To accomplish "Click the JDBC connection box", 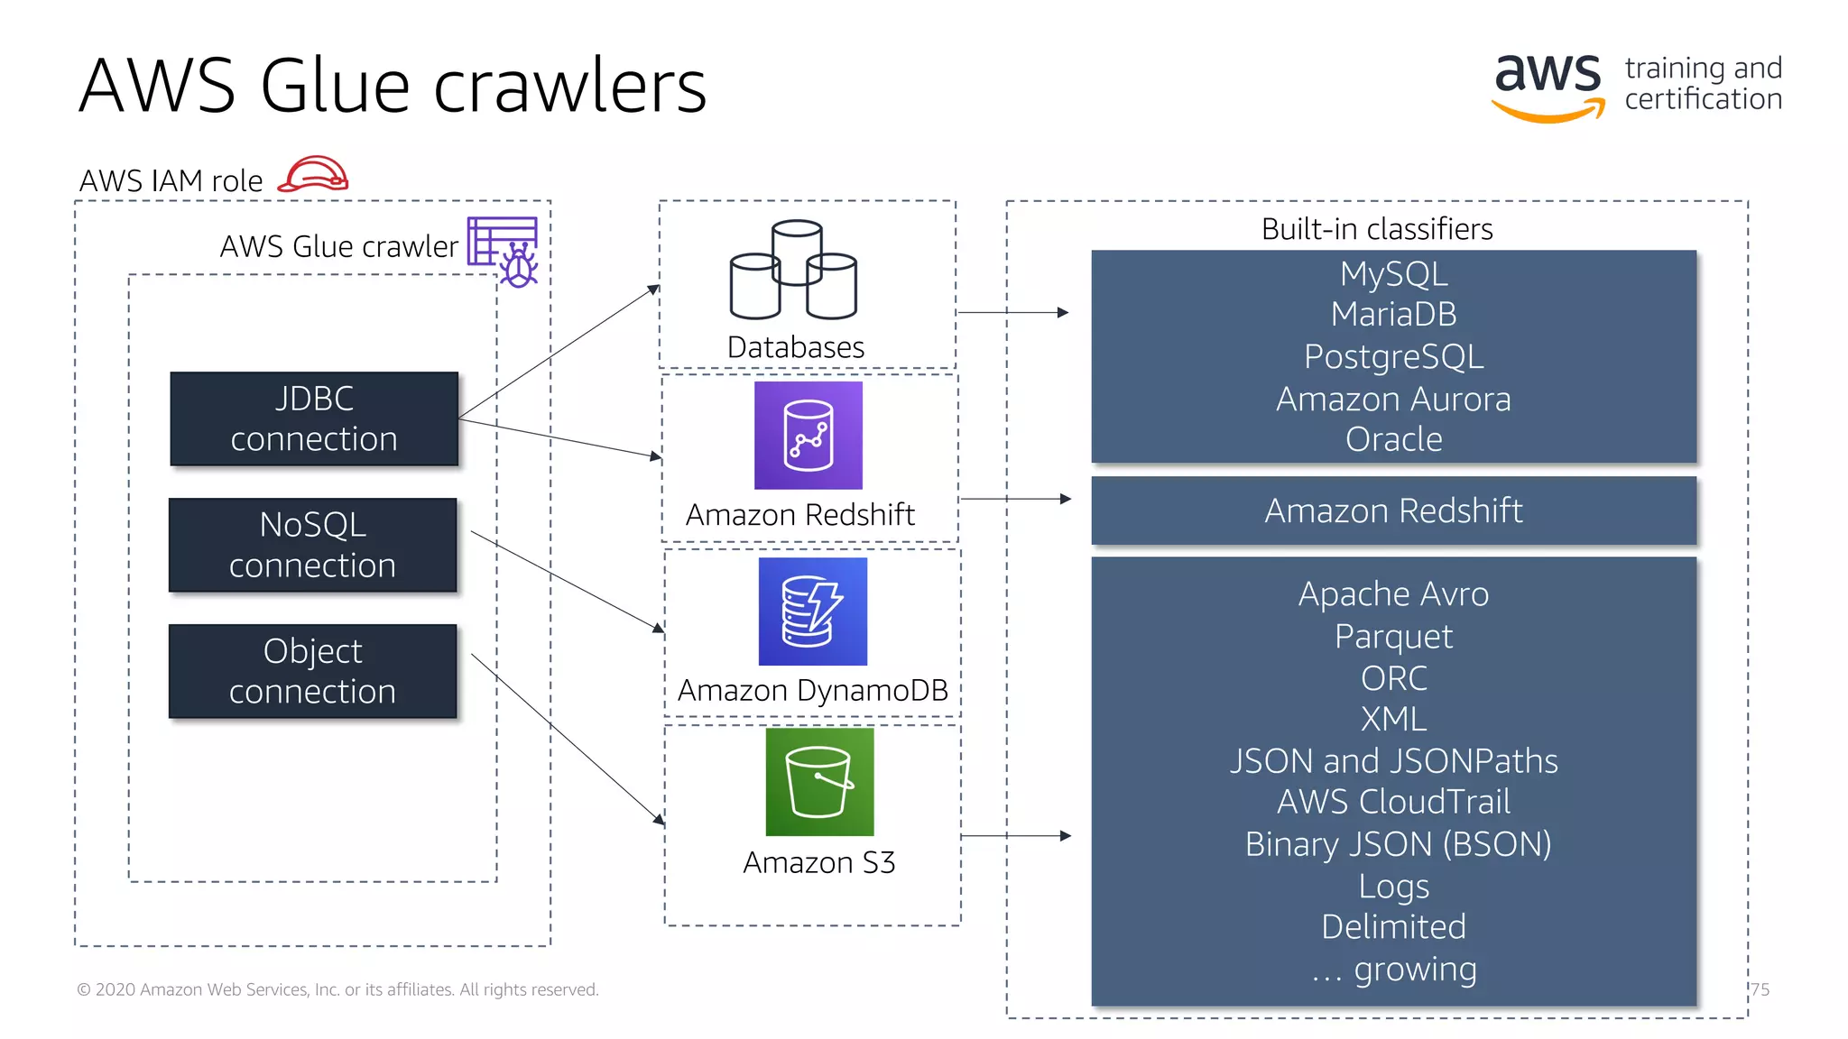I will [314, 418].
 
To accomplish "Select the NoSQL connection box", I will [312, 545].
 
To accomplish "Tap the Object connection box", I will [312, 671].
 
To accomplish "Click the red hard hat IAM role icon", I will [313, 174].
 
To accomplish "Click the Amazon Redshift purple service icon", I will [808, 436].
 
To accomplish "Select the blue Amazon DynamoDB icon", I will [812, 611].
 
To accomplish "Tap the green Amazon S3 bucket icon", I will [818, 782].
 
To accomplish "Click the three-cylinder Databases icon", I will [793, 270].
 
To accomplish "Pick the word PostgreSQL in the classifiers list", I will [1393, 356].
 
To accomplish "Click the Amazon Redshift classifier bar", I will [1393, 510].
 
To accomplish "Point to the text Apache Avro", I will [1393, 594].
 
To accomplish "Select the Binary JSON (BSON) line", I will [1398, 844].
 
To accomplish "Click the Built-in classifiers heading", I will [1376, 229].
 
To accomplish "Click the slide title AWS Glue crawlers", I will [393, 87].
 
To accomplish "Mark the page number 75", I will [1760, 989].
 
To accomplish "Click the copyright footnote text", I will [337, 989].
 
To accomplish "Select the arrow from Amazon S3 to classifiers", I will [1015, 836].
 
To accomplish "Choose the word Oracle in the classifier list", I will [1393, 439].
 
